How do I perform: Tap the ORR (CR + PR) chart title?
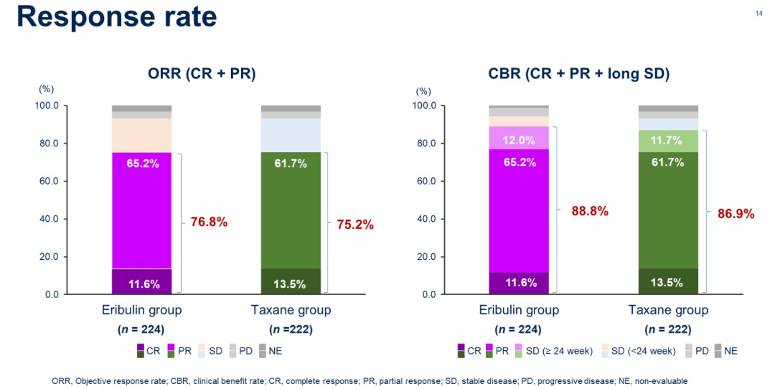(202, 73)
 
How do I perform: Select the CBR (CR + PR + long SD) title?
(578, 73)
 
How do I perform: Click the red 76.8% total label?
(209, 222)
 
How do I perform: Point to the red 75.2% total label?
(355, 225)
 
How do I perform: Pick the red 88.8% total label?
(590, 211)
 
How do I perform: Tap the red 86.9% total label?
(736, 213)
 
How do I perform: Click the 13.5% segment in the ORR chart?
(291, 283)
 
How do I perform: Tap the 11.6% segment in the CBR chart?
(518, 283)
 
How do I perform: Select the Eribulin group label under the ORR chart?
(141, 310)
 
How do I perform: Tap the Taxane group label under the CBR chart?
(668, 310)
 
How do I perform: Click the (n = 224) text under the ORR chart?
(141, 329)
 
